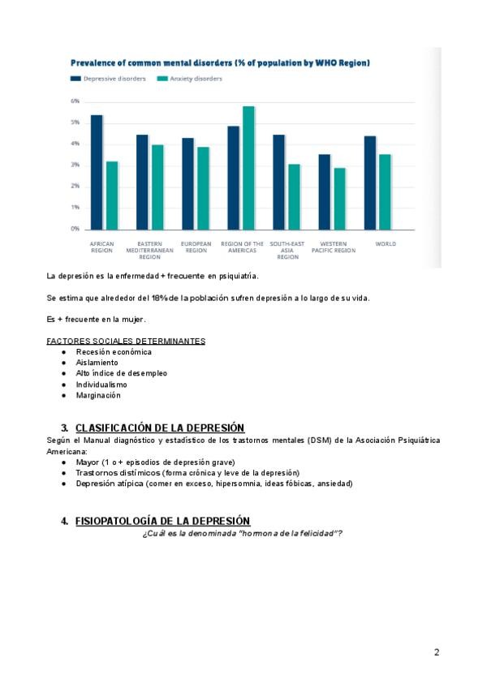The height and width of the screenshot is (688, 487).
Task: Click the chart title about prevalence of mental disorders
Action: click(x=220, y=62)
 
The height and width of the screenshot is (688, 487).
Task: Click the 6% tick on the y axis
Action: click(x=75, y=101)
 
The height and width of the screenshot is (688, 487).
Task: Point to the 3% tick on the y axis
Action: click(x=75, y=165)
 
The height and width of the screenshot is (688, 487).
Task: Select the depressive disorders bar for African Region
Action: click(x=97, y=172)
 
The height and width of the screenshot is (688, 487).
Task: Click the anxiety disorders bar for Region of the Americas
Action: click(x=248, y=168)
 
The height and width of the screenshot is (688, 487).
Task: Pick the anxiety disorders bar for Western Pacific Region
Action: click(x=339, y=199)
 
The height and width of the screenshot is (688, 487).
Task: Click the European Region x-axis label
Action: click(x=196, y=247)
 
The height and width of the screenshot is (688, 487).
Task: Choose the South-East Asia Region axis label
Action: click(x=287, y=250)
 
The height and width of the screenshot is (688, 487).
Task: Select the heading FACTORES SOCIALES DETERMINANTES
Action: click(x=126, y=341)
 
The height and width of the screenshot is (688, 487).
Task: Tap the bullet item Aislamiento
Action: click(x=97, y=363)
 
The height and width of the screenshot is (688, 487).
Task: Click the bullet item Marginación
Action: click(x=98, y=395)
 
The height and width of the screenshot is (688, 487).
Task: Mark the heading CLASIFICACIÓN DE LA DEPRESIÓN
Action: click(x=160, y=428)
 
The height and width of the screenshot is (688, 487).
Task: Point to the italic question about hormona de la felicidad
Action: click(x=242, y=532)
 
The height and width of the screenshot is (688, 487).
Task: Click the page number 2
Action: click(x=437, y=651)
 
